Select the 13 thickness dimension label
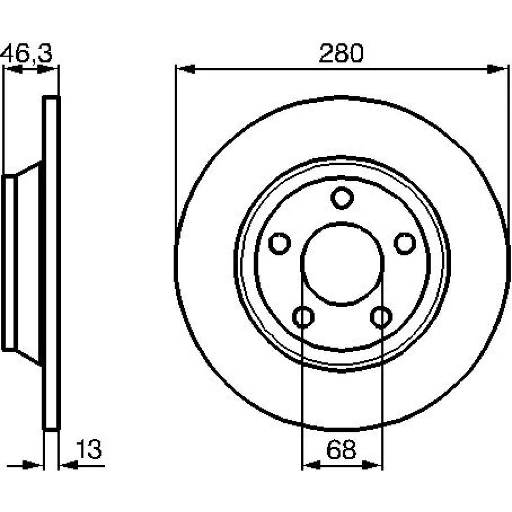89,450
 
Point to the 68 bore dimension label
341,450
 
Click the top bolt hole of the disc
342,198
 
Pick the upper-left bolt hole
280,243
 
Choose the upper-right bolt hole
405,243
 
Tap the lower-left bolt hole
303,317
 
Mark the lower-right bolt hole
381,317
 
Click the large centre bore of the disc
342,264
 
